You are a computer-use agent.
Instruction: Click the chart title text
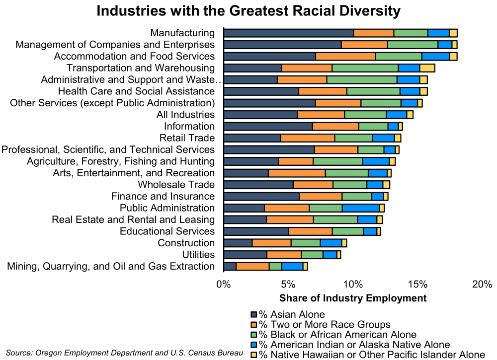pos(248,11)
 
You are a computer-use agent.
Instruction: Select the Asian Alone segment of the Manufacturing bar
pos(289,33)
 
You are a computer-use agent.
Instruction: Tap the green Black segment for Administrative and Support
pos(362,79)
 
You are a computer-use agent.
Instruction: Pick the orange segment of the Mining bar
pos(252,266)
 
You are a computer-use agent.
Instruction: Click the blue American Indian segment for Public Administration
pos(361,208)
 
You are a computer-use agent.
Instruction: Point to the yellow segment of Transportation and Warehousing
pos(427,68)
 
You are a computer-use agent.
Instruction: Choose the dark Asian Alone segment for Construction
pos(238,243)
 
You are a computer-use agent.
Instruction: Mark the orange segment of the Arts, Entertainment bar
pos(297,173)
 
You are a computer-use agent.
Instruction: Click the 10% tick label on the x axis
pos(353,285)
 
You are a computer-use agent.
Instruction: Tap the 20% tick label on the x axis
pos(482,285)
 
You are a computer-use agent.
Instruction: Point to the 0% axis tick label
pos(224,285)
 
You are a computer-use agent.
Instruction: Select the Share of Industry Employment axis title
pos(353,298)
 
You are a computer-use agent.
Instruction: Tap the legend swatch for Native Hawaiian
pos(253,355)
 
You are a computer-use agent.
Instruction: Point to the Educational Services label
pos(167,231)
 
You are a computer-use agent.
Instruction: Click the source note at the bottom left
pos(124,353)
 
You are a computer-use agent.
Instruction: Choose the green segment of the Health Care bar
pos(373,91)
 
